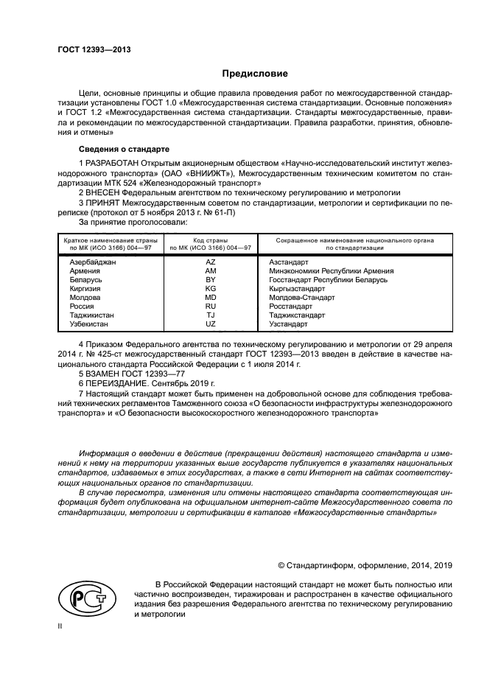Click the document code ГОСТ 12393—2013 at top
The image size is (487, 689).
89,49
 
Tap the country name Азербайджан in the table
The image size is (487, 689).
92,262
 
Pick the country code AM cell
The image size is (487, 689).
210,270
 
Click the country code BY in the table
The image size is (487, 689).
210,279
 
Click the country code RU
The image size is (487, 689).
210,307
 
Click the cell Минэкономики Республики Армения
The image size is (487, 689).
331,270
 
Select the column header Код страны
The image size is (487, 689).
210,240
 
